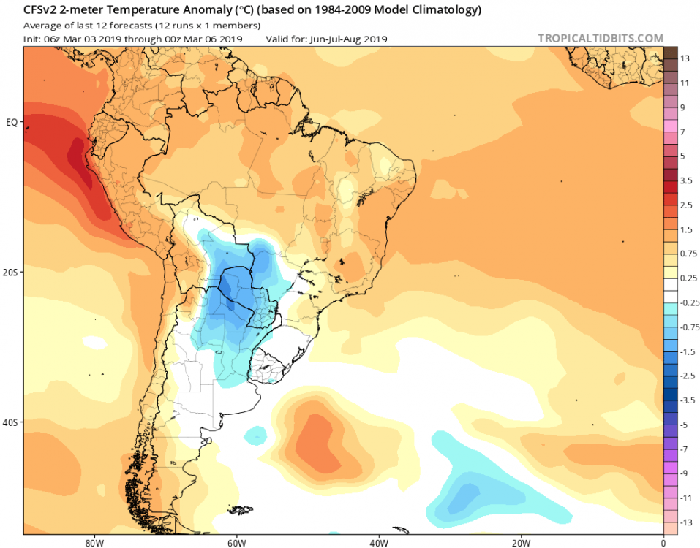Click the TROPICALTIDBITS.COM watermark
601,38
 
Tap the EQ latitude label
11,122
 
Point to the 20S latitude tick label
11,272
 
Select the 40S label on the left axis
11,422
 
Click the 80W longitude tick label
93,543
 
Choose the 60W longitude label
236,543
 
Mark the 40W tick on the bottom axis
378,543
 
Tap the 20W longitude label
521,543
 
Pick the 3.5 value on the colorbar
686,180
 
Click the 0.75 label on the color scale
688,254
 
